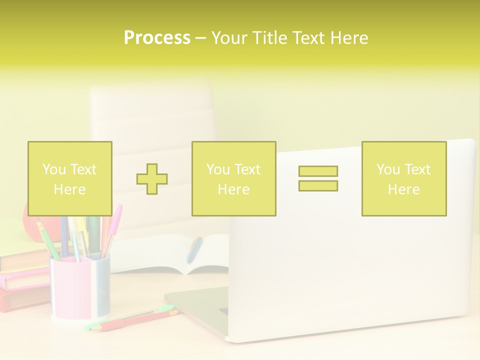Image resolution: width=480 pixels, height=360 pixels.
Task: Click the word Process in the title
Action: click(x=157, y=38)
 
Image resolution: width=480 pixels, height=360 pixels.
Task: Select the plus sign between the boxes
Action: click(x=152, y=179)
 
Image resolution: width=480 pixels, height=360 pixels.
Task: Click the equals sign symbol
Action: click(x=318, y=178)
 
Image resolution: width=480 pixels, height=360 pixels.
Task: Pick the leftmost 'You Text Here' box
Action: click(x=70, y=179)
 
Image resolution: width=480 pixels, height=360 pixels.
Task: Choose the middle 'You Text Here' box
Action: click(x=233, y=179)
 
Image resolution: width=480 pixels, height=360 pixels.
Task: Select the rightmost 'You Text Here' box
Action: click(x=404, y=179)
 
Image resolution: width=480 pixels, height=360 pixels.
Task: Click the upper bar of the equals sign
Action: click(x=318, y=171)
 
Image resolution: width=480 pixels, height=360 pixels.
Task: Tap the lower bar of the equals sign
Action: click(x=318, y=185)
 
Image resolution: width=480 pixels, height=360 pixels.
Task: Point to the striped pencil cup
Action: click(x=80, y=287)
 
